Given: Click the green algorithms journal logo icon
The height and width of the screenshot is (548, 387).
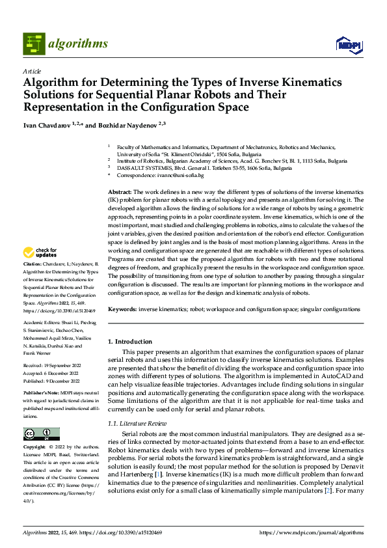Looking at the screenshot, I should point(34,44).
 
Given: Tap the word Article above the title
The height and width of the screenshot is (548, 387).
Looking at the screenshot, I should point(31,71).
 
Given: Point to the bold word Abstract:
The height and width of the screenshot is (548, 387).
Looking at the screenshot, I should point(120,193).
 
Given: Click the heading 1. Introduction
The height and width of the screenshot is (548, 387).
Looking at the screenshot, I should point(130,342).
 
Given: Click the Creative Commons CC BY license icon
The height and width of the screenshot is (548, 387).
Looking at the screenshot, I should point(41,434).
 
